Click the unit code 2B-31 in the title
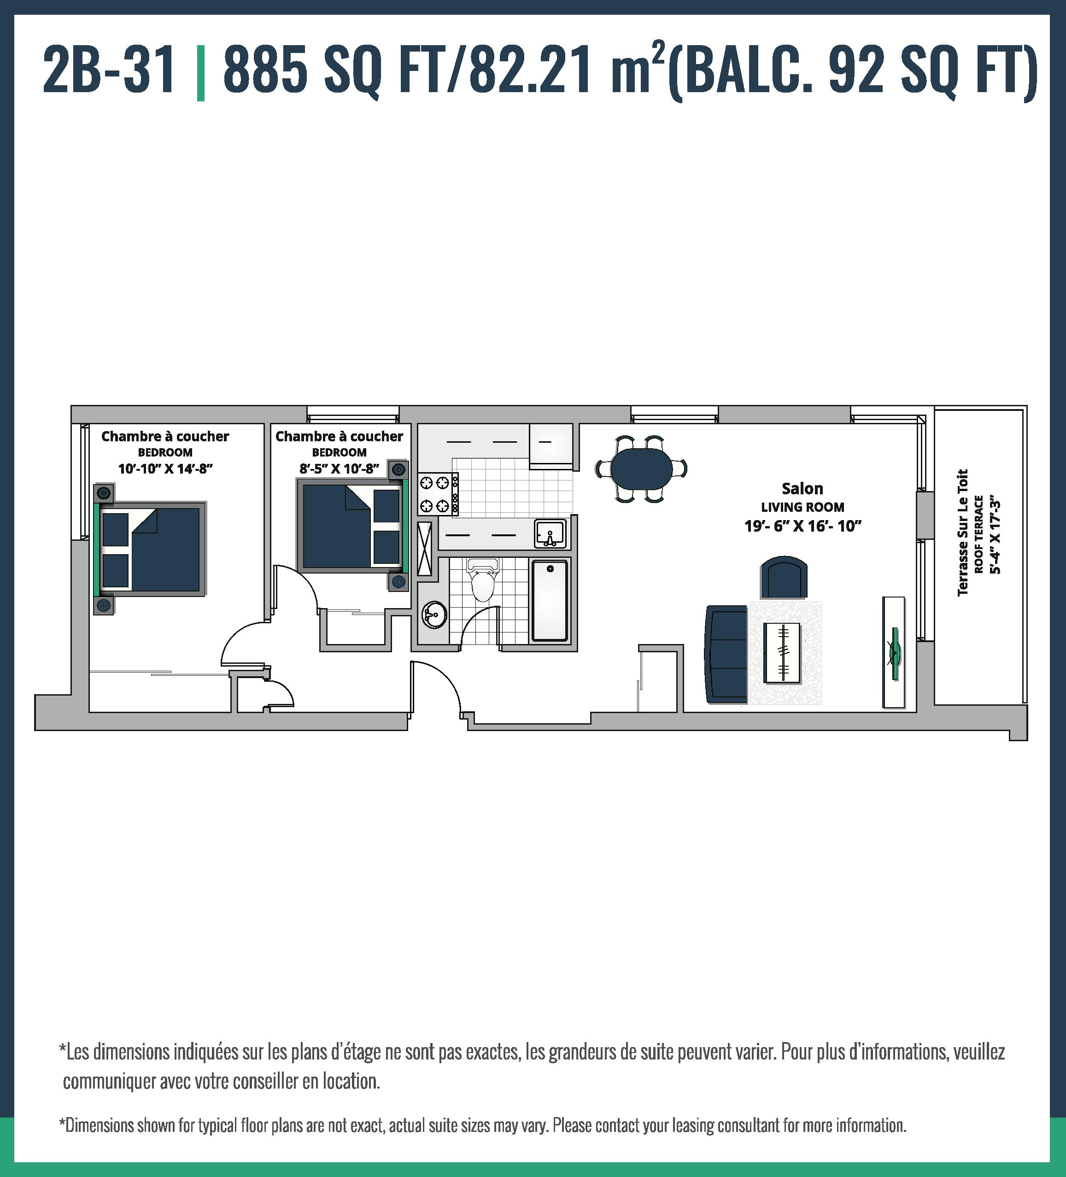pyautogui.click(x=109, y=71)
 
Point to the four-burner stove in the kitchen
pyautogui.click(x=438, y=494)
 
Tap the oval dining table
pyautogui.click(x=641, y=468)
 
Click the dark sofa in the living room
pyautogui.click(x=726, y=654)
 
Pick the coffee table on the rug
pyautogui.click(x=782, y=652)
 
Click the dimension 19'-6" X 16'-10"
pyautogui.click(x=802, y=526)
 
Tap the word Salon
pyautogui.click(x=802, y=489)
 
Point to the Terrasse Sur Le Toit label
pyautogui.click(x=963, y=533)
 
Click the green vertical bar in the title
pyautogui.click(x=201, y=72)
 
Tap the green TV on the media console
pyautogui.click(x=894, y=653)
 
